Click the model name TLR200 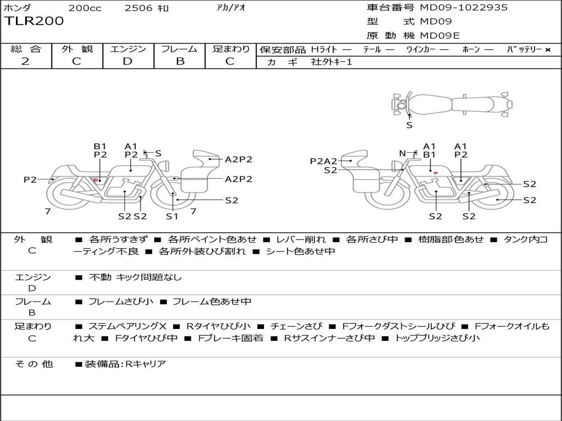click(x=33, y=21)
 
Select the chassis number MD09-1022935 click(x=463, y=7)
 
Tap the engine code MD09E click(x=440, y=36)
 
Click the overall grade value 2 click(x=25, y=61)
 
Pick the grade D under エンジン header click(x=127, y=61)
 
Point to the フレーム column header click(x=179, y=49)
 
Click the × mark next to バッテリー click(x=548, y=50)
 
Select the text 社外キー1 click(x=331, y=62)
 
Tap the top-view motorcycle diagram click(x=452, y=104)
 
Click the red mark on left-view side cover click(x=95, y=180)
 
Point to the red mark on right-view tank click(x=435, y=173)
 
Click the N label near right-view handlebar click(x=402, y=153)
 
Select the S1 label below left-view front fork click(x=172, y=216)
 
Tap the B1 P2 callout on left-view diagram click(x=100, y=150)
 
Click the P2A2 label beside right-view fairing click(x=324, y=161)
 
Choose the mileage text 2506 click(x=138, y=8)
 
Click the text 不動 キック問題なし click(x=136, y=277)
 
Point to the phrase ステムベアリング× click(x=127, y=326)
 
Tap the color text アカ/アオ click(x=231, y=8)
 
